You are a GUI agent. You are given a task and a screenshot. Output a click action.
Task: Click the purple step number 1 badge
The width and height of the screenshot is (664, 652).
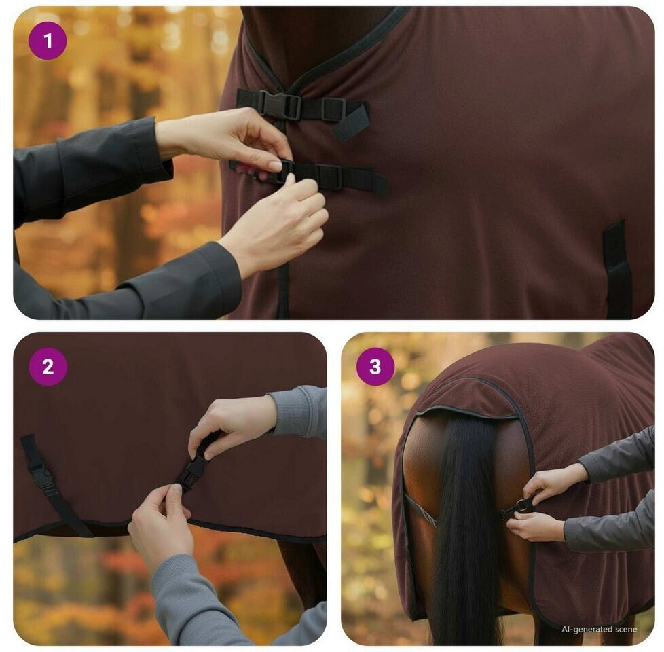tap(48, 41)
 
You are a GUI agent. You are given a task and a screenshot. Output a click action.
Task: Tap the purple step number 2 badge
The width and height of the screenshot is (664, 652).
tap(48, 367)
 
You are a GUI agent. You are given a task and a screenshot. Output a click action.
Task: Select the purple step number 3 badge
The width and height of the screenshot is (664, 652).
tap(375, 367)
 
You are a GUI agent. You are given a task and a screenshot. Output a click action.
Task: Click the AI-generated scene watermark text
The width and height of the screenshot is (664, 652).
tap(599, 629)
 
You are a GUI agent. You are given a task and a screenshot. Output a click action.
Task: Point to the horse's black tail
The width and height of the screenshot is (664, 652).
tap(466, 530)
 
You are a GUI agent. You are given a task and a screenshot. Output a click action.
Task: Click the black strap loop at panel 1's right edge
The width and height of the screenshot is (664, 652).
tap(617, 270)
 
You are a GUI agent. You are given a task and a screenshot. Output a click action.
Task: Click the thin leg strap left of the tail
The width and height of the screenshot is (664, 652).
tap(419, 511)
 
